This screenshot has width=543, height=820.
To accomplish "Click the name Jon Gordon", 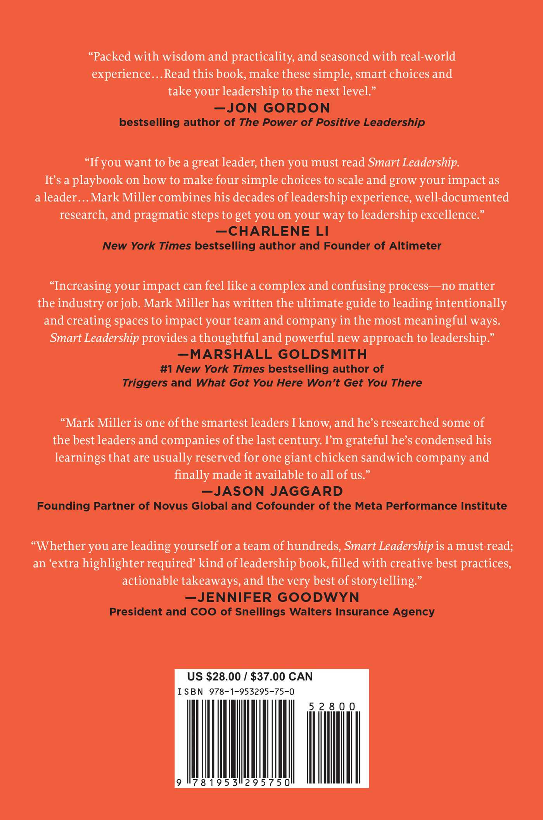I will (x=278, y=108).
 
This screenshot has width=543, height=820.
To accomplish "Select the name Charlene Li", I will (x=278, y=231).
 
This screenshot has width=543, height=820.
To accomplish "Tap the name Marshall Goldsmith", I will (x=278, y=354).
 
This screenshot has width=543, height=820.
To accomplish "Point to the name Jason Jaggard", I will (x=278, y=491).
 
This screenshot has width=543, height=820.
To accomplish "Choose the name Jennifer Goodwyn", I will (x=278, y=597).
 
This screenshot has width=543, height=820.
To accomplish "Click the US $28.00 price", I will (x=214, y=677).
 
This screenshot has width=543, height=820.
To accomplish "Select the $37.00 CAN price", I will (x=282, y=677).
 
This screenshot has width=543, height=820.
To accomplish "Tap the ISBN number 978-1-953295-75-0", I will (x=251, y=692).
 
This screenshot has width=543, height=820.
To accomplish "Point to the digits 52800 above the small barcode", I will (x=332, y=706).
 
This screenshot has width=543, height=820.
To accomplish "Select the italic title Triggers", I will (x=145, y=383).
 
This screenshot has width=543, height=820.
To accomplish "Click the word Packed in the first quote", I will (x=112, y=57).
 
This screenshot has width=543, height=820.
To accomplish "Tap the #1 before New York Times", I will (x=166, y=369).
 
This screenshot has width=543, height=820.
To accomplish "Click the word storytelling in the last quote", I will (x=383, y=581).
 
